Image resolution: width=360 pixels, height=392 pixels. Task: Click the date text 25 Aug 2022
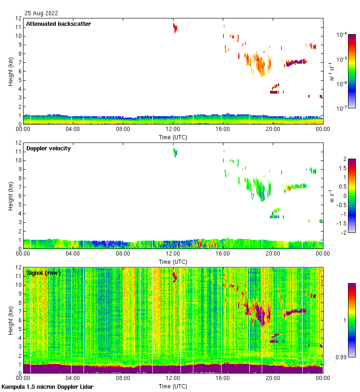pyautogui.click(x=42, y=13)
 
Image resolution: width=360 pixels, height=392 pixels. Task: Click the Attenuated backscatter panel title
pyautogui.click(x=58, y=24)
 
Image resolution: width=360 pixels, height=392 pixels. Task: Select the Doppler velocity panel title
pyautogui.click(x=48, y=148)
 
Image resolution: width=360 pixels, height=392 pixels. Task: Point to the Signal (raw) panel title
pyautogui.click(x=43, y=273)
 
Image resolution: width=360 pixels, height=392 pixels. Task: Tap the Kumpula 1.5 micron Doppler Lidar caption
pyautogui.click(x=47, y=386)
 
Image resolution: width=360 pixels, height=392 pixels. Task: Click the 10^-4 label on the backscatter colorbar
pyautogui.click(x=342, y=35)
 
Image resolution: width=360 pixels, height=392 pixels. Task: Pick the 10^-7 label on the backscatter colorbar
pyautogui.click(x=342, y=108)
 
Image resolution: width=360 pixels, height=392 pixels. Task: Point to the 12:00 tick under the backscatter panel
pyautogui.click(x=173, y=130)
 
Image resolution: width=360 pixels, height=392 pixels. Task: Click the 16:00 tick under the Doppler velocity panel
pyautogui.click(x=223, y=254)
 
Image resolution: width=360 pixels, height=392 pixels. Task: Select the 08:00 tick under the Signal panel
pyautogui.click(x=123, y=378)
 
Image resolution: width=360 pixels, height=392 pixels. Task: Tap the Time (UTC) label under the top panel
pyautogui.click(x=173, y=137)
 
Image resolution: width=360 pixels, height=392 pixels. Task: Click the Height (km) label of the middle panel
pyautogui.click(x=11, y=196)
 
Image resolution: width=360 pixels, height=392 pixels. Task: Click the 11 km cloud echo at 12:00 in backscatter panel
pyautogui.click(x=175, y=28)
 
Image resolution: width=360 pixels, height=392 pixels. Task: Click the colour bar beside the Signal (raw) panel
pyautogui.click(x=352, y=320)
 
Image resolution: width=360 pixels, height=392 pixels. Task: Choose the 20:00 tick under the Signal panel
pyautogui.click(x=273, y=378)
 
